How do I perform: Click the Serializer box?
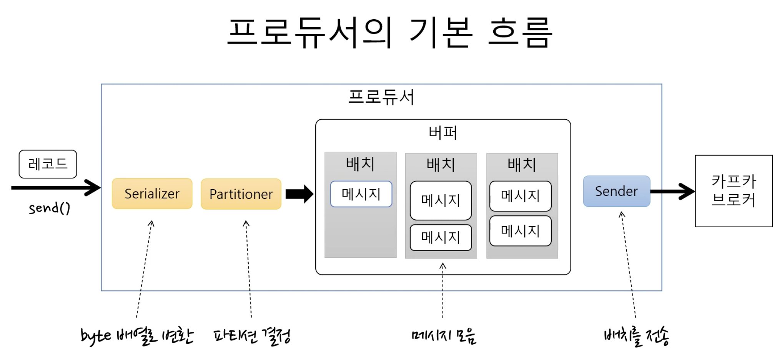(152, 193)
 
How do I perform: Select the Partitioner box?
(241, 194)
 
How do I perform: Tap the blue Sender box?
(616, 191)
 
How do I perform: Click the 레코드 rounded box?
(48, 164)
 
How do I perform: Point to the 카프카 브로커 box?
(734, 191)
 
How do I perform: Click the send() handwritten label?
(49, 208)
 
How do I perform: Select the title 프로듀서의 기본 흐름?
(390, 32)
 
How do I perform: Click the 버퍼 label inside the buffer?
(443, 133)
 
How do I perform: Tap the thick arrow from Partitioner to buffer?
(299, 194)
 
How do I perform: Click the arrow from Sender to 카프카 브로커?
(672, 191)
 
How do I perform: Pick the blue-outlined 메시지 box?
(361, 194)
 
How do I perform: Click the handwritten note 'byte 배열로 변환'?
(137, 336)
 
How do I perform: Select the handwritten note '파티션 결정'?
(252, 336)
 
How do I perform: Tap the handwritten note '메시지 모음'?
(443, 336)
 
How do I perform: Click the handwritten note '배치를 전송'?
(636, 336)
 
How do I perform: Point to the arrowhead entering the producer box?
(93, 188)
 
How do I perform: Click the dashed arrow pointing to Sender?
(628, 265)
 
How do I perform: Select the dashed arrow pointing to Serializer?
(144, 269)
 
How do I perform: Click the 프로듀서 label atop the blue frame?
(381, 97)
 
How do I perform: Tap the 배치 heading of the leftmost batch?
(360, 163)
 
